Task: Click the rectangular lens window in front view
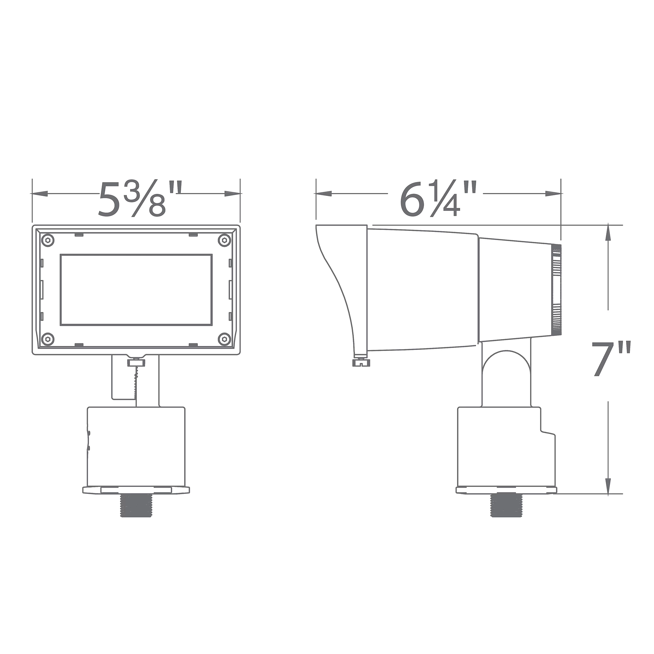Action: click(x=136, y=290)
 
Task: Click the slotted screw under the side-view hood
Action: click(x=361, y=363)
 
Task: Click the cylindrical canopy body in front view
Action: click(x=136, y=447)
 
